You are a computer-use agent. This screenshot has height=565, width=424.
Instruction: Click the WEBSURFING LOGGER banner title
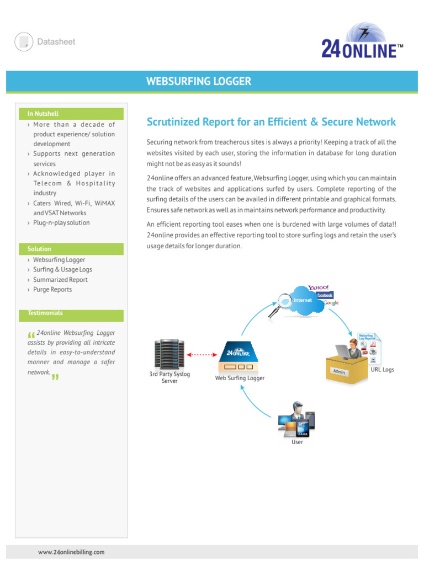198,82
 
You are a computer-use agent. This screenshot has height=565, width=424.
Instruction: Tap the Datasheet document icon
24,42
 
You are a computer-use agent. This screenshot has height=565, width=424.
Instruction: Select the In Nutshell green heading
43,114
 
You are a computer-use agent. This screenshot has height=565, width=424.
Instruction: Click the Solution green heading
39,249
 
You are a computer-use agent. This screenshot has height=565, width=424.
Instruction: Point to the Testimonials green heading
45,313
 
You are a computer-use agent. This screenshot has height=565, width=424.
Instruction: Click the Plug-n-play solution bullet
61,223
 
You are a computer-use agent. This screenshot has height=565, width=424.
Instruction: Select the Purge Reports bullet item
52,290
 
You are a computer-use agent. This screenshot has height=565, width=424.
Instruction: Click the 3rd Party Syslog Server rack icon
169,353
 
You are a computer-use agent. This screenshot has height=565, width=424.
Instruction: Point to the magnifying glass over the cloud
281,304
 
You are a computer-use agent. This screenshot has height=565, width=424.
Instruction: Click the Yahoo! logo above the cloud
319,287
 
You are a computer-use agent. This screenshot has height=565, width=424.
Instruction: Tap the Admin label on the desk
339,371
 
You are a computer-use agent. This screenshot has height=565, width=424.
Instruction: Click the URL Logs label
382,370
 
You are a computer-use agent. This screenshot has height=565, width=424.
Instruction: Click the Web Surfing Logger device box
239,360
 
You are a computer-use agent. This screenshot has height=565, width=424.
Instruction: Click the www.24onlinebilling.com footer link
71,552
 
